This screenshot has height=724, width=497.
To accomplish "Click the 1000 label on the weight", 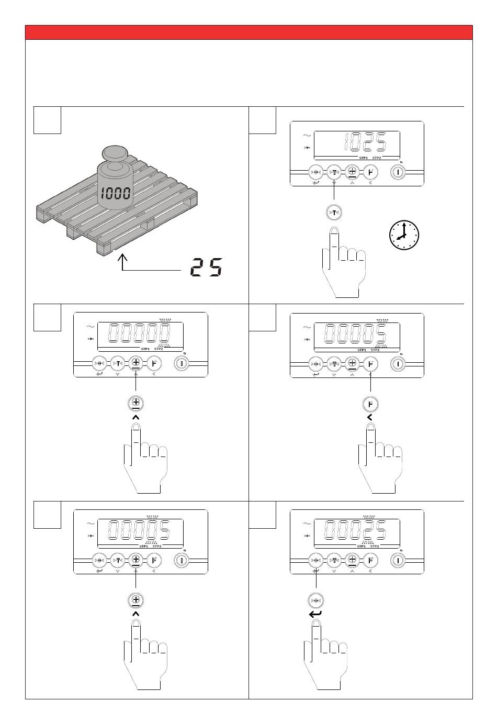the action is point(115,193).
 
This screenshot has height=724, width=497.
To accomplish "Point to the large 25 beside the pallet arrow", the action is point(206,268).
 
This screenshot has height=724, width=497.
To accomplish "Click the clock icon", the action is point(404,235).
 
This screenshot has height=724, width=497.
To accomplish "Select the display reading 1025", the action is point(365,142).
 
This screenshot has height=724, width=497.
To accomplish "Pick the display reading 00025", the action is point(356,530).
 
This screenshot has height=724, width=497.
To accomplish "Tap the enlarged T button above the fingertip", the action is point(334,213).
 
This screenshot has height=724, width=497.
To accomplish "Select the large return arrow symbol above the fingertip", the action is point(316,614).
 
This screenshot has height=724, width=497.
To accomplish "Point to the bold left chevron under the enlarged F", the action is point(370,418).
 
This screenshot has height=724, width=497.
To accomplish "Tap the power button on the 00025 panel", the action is point(398,560).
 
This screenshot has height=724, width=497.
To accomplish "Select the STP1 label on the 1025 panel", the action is point(363,158).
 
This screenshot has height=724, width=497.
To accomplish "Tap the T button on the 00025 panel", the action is point(334,560).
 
